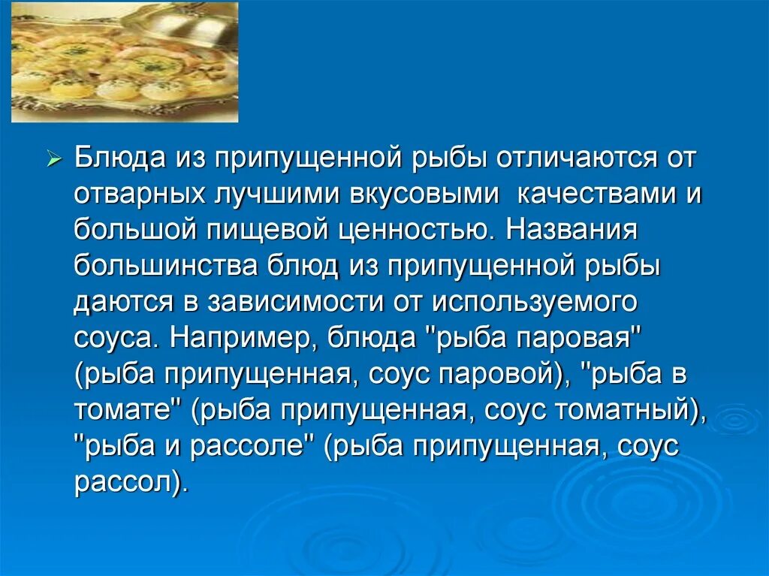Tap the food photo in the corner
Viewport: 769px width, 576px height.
(x=125, y=62)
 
